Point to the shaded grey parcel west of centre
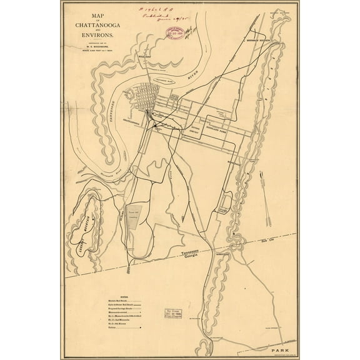(134, 216)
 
